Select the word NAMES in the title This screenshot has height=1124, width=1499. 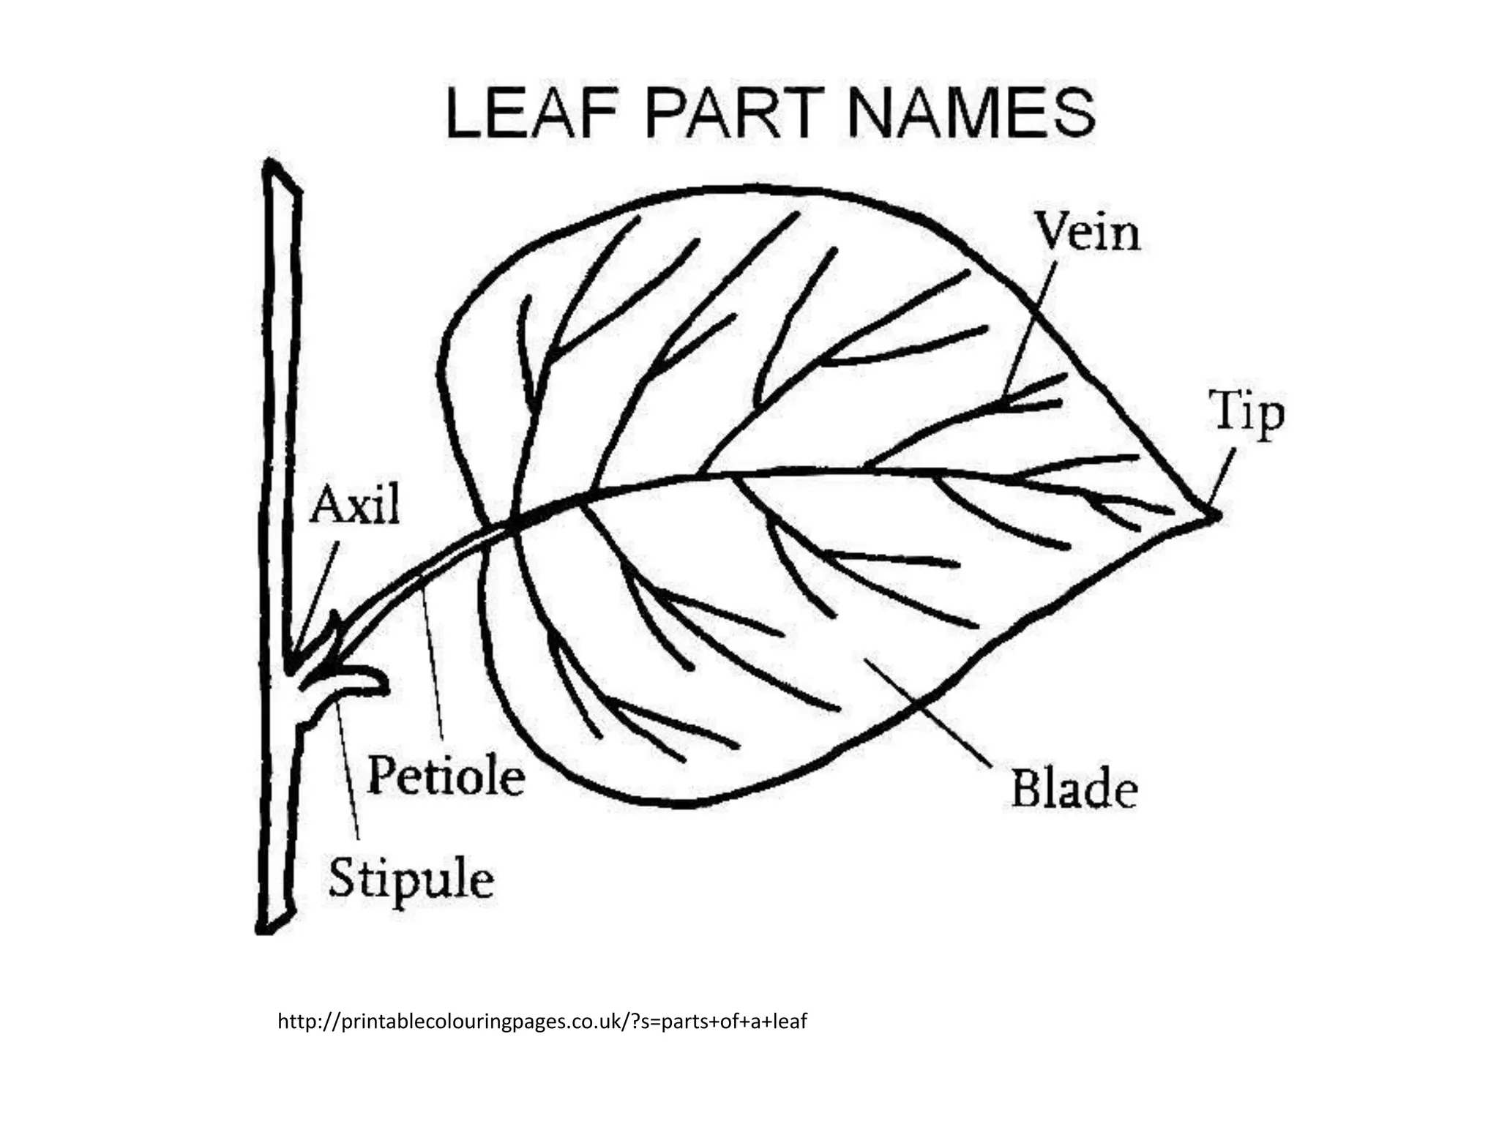[x=971, y=113]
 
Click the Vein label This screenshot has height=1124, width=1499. [x=1088, y=233]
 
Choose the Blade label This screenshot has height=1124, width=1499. [x=1074, y=790]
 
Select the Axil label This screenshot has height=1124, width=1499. [x=355, y=504]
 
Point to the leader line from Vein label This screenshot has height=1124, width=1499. [x=1031, y=329]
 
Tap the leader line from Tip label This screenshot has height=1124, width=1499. [x=1222, y=476]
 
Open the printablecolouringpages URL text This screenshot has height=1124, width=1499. [x=542, y=1021]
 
